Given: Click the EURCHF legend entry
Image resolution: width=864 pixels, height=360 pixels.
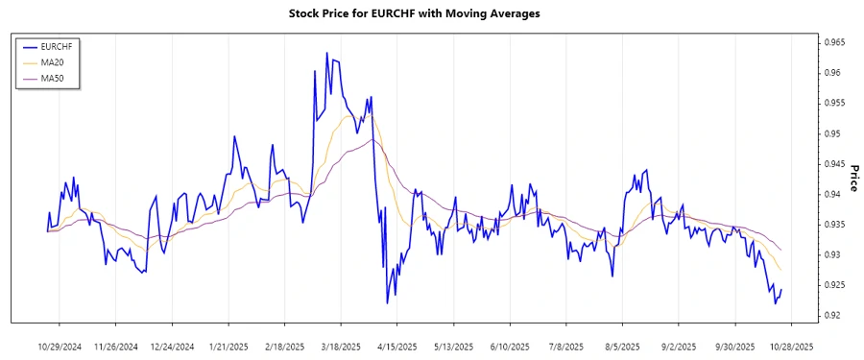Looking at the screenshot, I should point(57,46).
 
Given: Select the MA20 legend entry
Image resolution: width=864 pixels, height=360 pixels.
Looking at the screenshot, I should point(53,61).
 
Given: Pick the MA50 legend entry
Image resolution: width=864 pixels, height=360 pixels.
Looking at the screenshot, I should point(53,78).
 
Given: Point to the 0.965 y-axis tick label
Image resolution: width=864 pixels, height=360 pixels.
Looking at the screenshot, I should point(831,43).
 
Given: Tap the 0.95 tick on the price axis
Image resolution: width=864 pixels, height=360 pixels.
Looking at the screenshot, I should point(828,133).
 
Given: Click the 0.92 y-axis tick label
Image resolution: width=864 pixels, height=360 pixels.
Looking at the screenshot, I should point(828,316).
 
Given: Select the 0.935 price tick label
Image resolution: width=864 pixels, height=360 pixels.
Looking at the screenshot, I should point(831,225).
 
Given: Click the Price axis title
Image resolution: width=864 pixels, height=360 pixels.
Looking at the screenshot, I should point(852,178).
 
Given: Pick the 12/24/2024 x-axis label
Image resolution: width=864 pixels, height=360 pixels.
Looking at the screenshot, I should point(173,347).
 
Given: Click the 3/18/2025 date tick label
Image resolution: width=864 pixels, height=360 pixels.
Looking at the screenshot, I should point(340,347).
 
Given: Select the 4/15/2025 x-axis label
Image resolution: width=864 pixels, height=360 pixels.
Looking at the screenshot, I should point(396,347).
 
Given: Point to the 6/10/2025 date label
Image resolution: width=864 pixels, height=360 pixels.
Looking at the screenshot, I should point(509,347).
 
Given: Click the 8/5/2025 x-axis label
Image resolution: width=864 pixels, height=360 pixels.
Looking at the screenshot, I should point(622,347).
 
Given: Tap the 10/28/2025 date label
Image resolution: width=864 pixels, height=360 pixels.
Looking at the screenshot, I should point(789,347).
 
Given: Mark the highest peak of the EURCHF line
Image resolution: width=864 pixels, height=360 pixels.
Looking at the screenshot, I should point(326,53).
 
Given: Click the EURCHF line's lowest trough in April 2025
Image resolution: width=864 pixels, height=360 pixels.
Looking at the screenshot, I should point(388,303).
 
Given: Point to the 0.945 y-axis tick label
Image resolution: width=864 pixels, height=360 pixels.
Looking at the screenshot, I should point(831,164).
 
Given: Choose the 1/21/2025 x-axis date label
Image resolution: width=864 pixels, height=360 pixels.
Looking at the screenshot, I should point(228,347).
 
